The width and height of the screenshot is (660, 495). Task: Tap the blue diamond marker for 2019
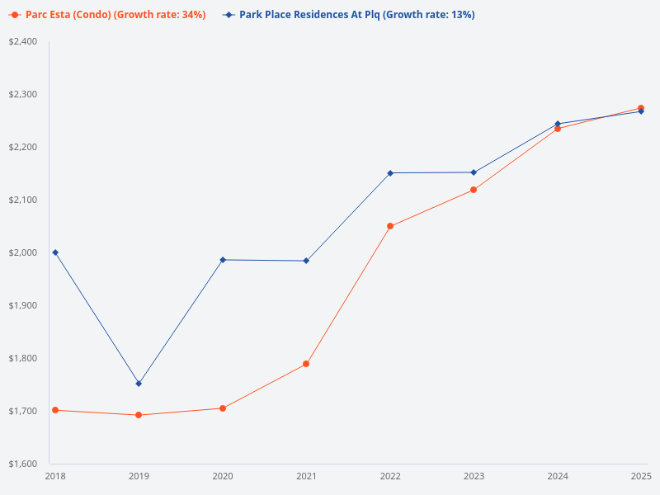click(139, 384)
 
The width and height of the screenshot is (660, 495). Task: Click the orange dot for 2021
click(306, 364)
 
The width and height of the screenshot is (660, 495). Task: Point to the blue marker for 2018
click(55, 252)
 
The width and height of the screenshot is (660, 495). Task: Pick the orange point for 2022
click(390, 226)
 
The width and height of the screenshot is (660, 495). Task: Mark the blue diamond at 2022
click(390, 173)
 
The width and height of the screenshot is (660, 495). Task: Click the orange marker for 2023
click(474, 190)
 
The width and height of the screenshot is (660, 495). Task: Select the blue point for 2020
click(223, 260)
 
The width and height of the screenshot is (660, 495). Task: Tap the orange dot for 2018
click(55, 410)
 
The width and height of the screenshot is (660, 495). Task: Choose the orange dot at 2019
click(139, 415)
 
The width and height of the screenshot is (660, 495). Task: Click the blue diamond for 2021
click(306, 261)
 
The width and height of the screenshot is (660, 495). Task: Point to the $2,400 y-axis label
click(22, 41)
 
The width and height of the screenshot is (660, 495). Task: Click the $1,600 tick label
click(22, 464)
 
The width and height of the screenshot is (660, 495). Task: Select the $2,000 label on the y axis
click(22, 252)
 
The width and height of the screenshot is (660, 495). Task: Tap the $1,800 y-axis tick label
click(22, 358)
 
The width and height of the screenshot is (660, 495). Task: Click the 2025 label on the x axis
click(641, 476)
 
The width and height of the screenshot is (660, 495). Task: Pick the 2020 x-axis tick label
click(223, 476)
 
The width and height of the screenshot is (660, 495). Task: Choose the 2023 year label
click(474, 476)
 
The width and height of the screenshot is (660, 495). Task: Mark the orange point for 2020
click(223, 408)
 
